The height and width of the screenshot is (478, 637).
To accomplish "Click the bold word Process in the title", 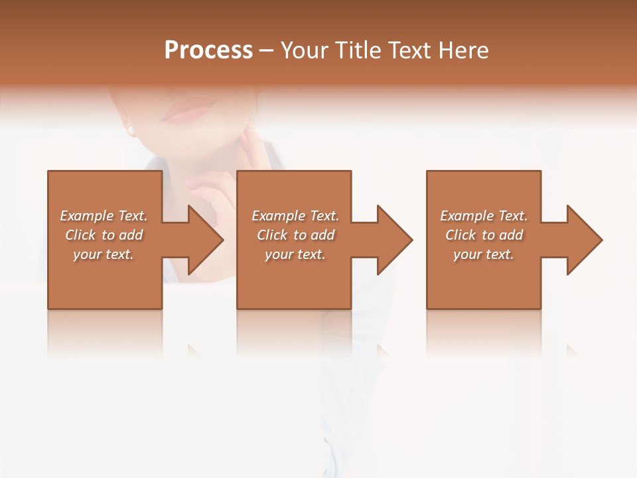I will (x=208, y=50).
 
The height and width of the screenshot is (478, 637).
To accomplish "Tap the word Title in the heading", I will (x=360, y=50).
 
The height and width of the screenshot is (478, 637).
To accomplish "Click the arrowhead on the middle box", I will (x=391, y=240).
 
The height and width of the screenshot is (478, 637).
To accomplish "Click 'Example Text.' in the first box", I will (x=104, y=216).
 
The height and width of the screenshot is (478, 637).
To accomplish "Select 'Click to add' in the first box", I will (x=104, y=235).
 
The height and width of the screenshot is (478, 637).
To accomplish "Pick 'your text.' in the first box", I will (x=104, y=254).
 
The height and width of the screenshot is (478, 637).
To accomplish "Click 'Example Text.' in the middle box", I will (x=295, y=216).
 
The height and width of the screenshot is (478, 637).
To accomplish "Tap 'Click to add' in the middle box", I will (x=295, y=235).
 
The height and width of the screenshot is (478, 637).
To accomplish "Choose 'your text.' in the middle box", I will (x=295, y=254).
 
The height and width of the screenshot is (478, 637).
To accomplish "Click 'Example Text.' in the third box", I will (x=484, y=216).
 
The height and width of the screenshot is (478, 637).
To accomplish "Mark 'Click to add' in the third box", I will (x=484, y=235).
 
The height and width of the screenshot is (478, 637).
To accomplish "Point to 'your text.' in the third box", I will (x=484, y=254).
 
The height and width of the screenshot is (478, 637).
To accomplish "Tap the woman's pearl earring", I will (x=131, y=130).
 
